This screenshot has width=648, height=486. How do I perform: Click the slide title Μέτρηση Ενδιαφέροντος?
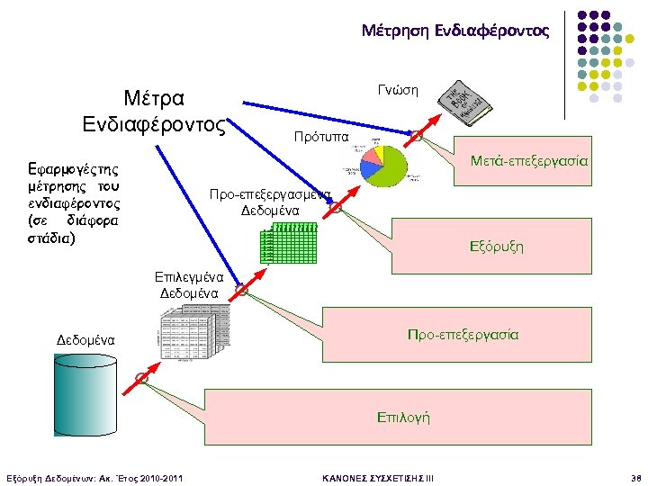coord(454,31)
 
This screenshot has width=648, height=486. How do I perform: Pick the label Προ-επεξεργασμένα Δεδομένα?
coord(270,202)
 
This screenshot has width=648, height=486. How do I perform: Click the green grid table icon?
coord(288,243)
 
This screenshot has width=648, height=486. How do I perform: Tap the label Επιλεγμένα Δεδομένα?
coord(189,284)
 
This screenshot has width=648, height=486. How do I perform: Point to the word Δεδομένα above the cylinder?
coord(85,340)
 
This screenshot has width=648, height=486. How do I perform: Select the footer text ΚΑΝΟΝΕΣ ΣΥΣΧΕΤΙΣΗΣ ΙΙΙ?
coord(378,476)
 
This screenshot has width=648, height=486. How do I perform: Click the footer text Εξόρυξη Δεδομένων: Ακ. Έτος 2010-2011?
coord(94,476)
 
